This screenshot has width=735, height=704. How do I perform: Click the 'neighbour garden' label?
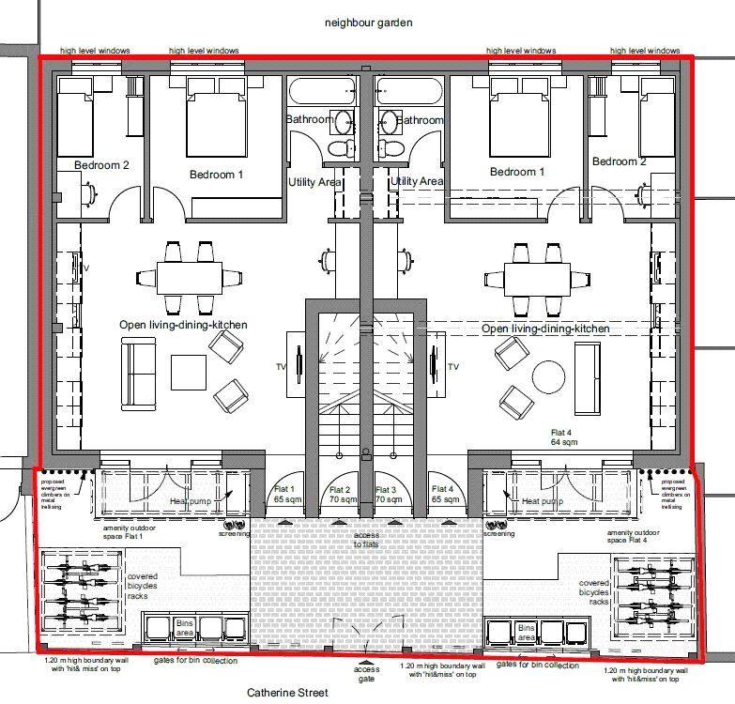pos(368,21)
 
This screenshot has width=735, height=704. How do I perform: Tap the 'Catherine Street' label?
pos(287,693)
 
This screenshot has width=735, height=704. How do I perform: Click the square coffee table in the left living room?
pos(189,371)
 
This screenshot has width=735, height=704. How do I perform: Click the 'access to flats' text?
pos(365,539)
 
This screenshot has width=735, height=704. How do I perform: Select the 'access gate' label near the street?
pos(367,675)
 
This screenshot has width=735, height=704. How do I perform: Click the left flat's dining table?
pos(189,277)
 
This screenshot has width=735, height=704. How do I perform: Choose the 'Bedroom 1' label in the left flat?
pos(216,175)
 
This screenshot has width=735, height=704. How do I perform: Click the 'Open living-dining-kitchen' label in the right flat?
pos(545,329)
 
